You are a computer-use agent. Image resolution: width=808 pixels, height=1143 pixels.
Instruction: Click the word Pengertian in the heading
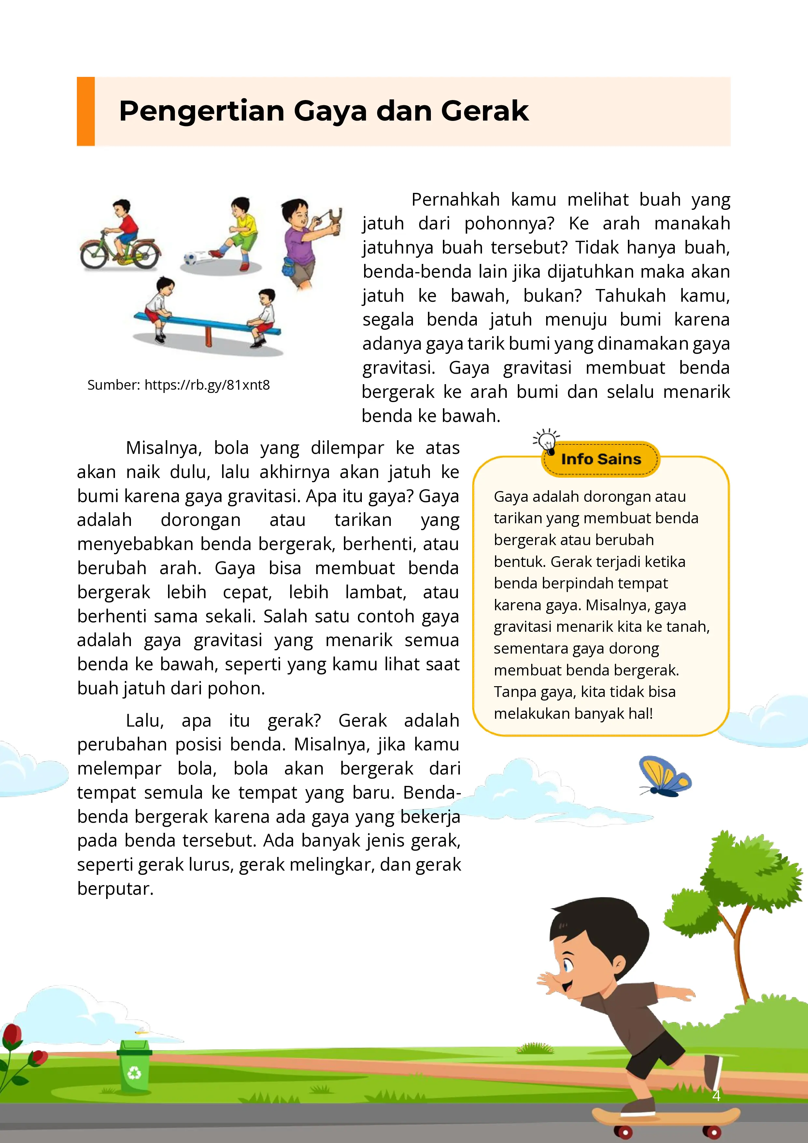tap(202, 111)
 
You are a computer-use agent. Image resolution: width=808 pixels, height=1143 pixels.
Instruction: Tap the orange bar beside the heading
tap(86, 111)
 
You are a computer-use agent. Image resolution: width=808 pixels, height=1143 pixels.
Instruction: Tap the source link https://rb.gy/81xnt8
tap(207, 385)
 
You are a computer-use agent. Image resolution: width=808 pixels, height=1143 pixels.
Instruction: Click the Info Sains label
tap(601, 459)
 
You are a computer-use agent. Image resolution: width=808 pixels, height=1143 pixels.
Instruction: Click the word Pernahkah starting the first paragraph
tap(455, 200)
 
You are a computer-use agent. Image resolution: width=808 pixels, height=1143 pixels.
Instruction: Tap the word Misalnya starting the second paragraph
tap(163, 448)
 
